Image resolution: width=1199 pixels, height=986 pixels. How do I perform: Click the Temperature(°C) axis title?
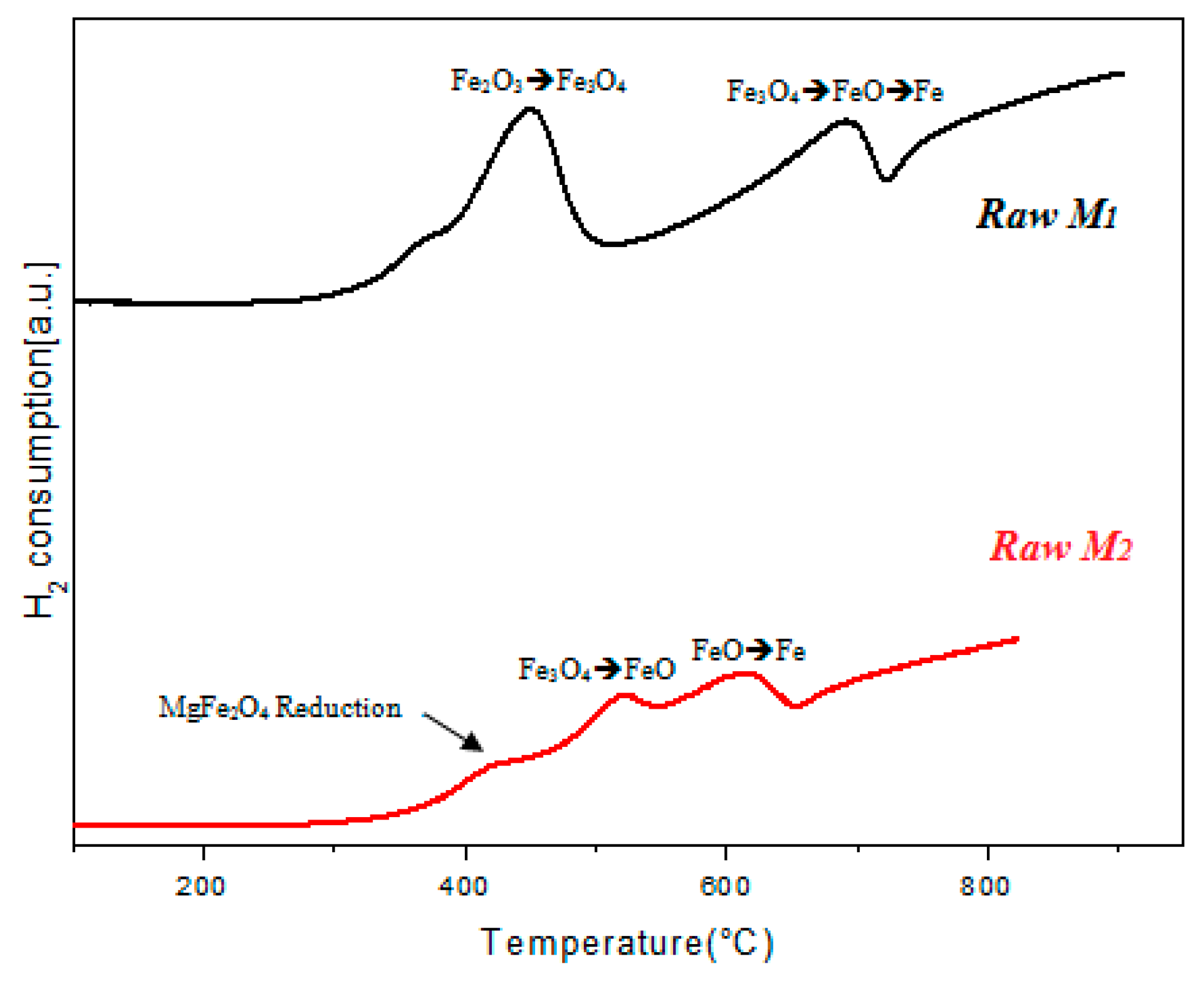pyautogui.click(x=626, y=943)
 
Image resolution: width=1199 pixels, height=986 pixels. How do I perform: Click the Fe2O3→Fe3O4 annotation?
pyautogui.click(x=538, y=81)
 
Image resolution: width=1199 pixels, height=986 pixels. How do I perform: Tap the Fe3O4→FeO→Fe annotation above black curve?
pyautogui.click(x=835, y=92)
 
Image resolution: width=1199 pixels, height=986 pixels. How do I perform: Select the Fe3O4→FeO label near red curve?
pyautogui.click(x=597, y=669)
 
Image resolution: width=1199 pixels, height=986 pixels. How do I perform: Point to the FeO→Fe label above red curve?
pyautogui.click(x=748, y=650)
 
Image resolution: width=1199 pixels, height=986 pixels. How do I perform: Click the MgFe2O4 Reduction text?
pyautogui.click(x=280, y=707)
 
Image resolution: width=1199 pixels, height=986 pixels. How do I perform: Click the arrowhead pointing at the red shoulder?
pyautogui.click(x=473, y=743)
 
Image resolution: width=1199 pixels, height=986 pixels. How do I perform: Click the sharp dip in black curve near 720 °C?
pyautogui.click(x=886, y=179)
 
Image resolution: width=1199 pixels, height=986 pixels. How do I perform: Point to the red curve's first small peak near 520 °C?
pyautogui.click(x=624, y=696)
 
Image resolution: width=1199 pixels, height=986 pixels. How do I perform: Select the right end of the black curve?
pyautogui.click(x=1122, y=75)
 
